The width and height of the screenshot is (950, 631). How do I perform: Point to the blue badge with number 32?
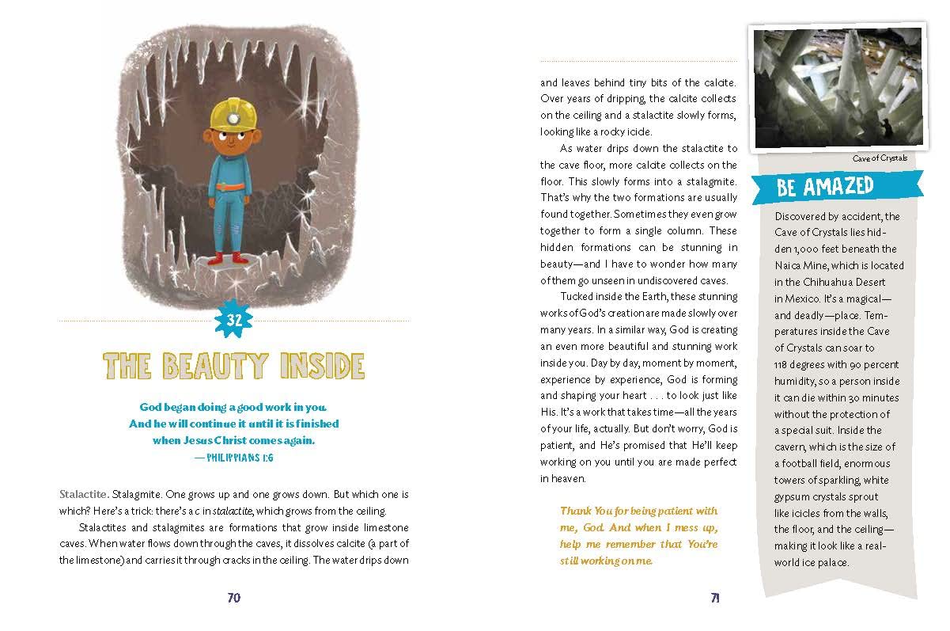pos(234,321)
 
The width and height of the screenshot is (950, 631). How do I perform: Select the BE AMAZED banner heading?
pos(825,188)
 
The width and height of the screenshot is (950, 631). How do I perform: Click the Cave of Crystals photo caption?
pos(880,158)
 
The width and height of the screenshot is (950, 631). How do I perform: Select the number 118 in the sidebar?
pos(785,364)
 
